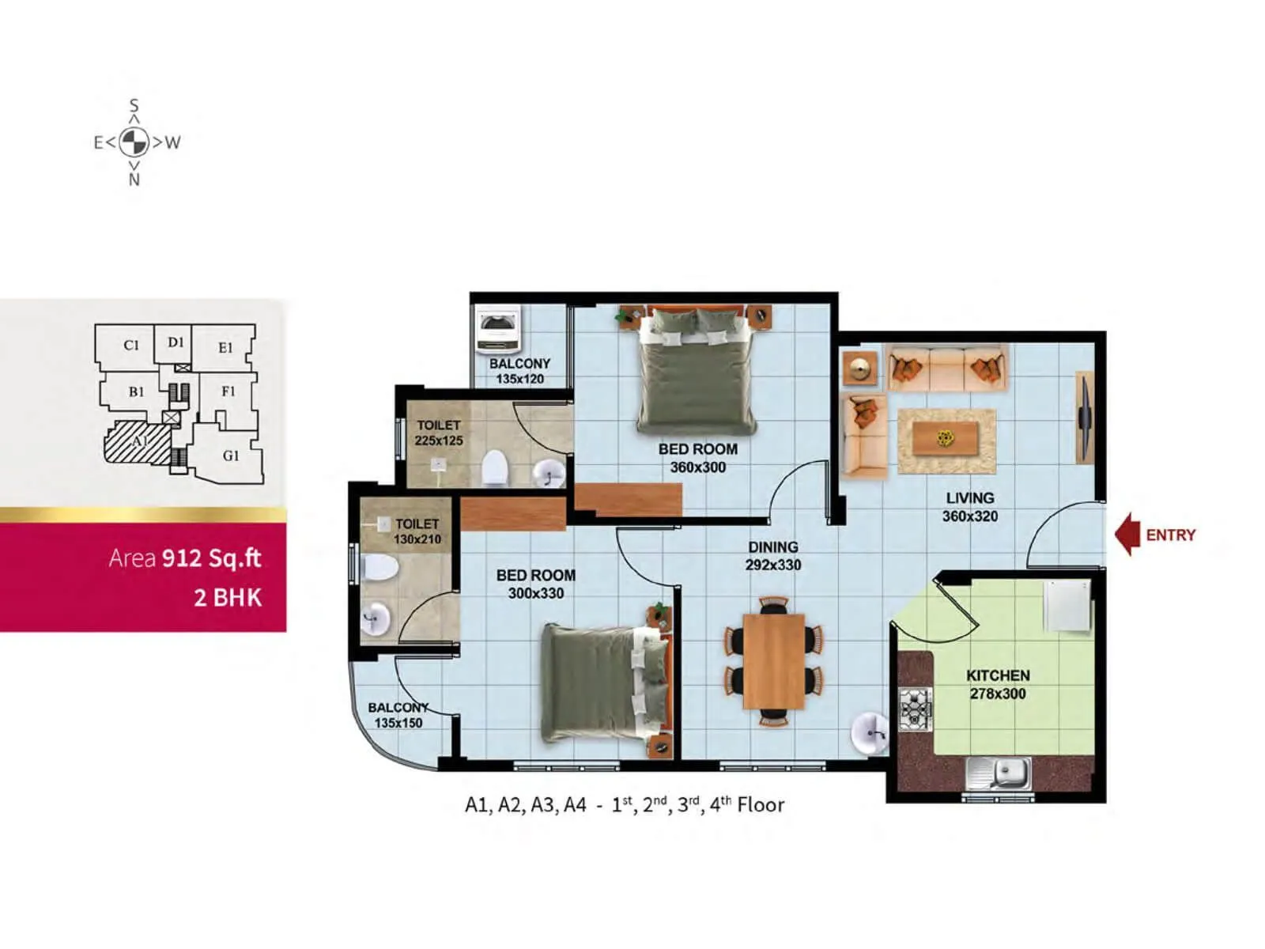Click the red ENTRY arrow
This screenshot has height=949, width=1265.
pyautogui.click(x=1127, y=535)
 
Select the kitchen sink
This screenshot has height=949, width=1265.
pyautogui.click(x=999, y=773)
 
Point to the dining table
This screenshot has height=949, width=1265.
pyautogui.click(x=773, y=661)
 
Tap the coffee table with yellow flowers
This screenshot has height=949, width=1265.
pyautogui.click(x=946, y=438)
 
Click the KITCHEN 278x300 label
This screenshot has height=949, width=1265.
pyautogui.click(x=998, y=685)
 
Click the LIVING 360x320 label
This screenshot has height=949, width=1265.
pyautogui.click(x=970, y=507)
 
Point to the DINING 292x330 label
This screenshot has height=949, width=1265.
pyautogui.click(x=773, y=556)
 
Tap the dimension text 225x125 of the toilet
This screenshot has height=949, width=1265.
pyautogui.click(x=439, y=440)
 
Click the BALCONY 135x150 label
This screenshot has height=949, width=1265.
pyautogui.click(x=398, y=715)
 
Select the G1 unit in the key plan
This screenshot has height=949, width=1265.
pyautogui.click(x=230, y=456)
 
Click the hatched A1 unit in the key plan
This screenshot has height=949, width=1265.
pyautogui.click(x=139, y=441)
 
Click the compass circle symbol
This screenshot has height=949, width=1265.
pyautogui.click(x=134, y=142)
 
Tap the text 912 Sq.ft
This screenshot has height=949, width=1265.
pyautogui.click(x=211, y=558)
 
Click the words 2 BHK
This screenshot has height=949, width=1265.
pyautogui.click(x=228, y=597)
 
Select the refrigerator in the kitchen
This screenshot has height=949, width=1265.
pyautogui.click(x=1067, y=606)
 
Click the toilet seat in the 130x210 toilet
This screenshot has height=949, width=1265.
pyautogui.click(x=379, y=567)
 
